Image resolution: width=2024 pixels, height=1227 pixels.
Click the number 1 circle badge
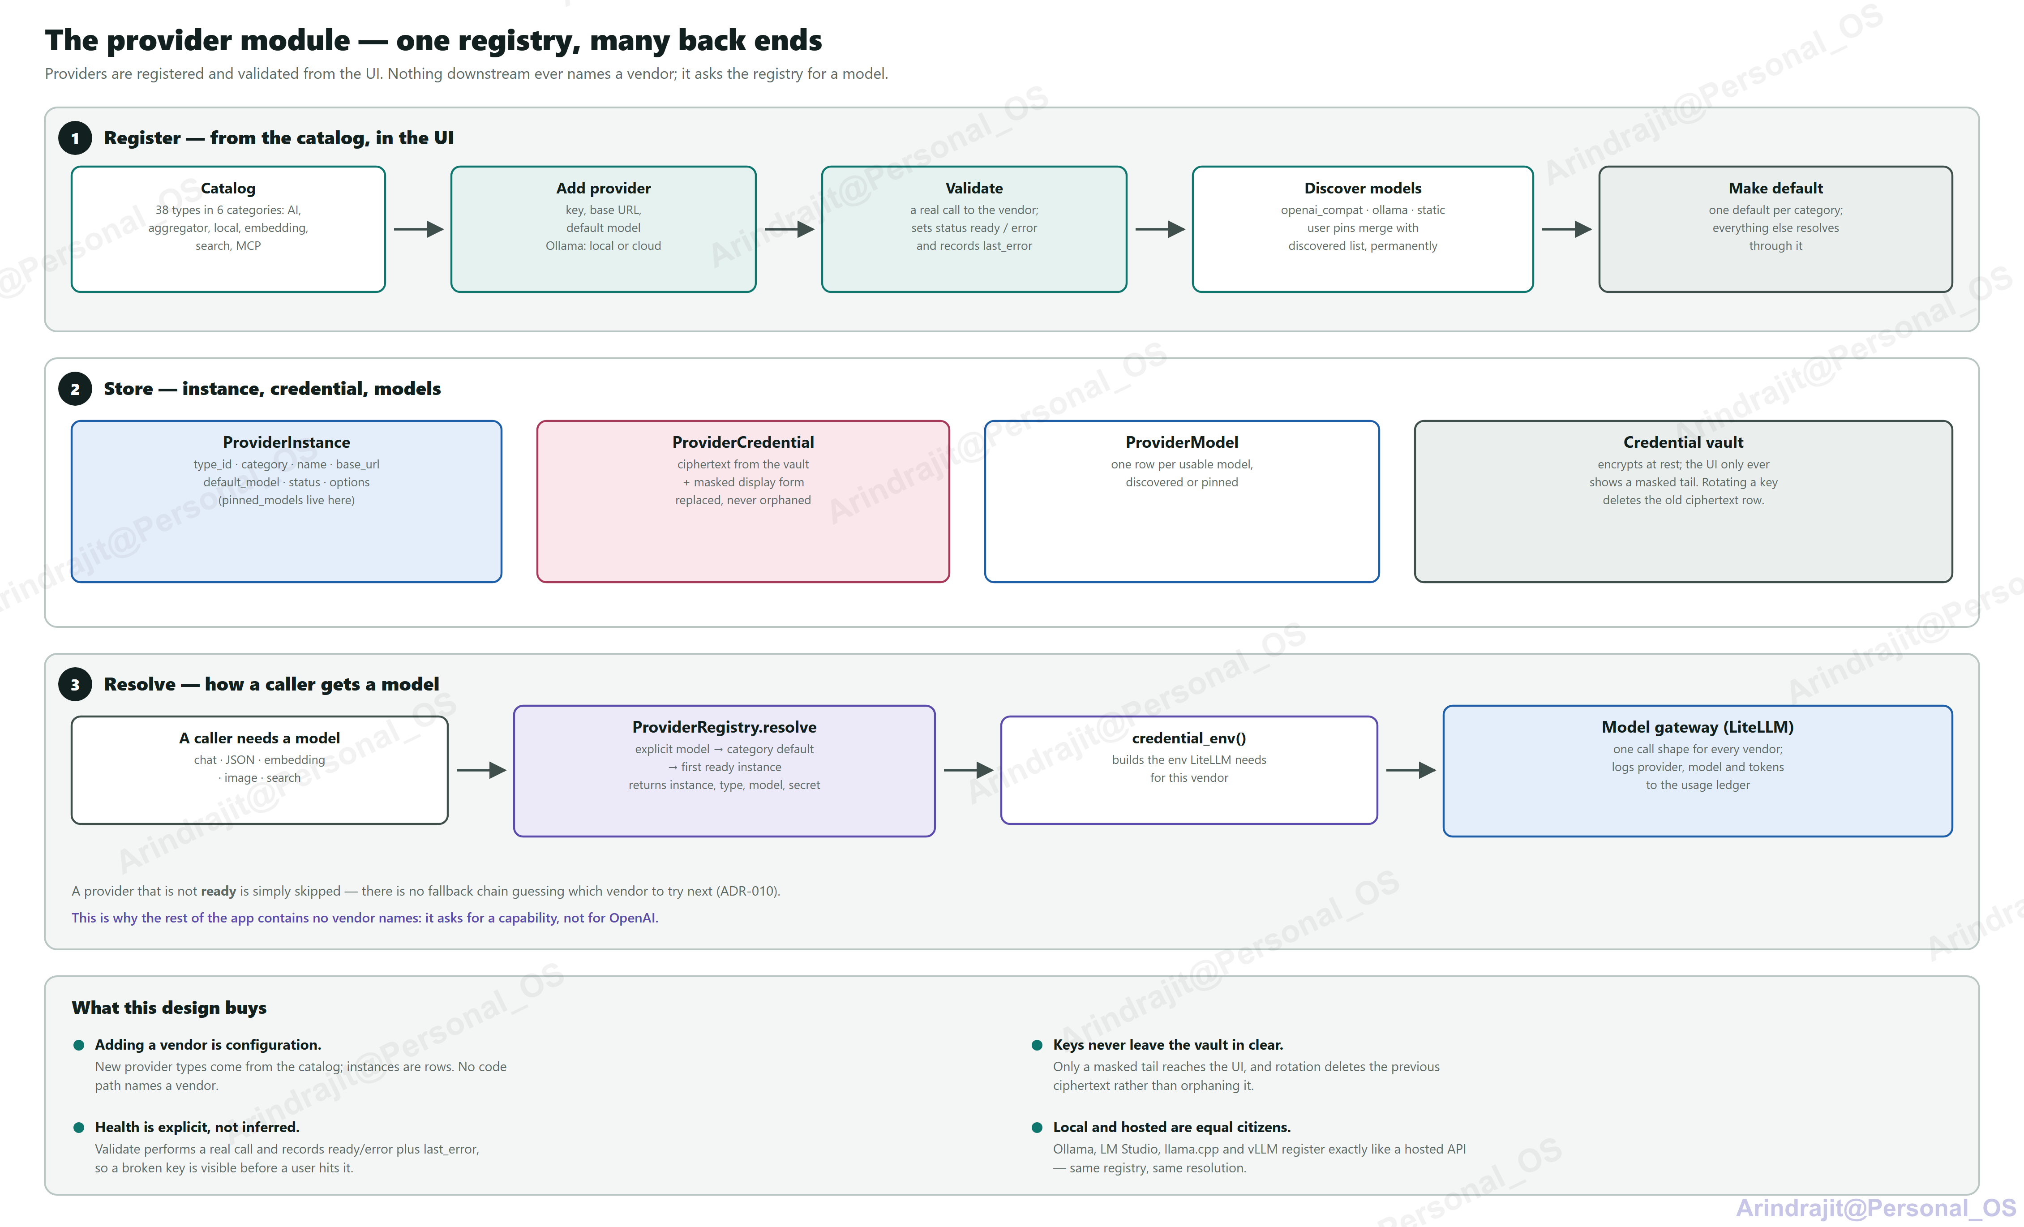pyautogui.click(x=75, y=138)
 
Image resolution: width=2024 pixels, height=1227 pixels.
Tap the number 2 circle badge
pyautogui.click(x=75, y=389)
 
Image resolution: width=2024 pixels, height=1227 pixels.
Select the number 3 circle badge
pyautogui.click(x=75, y=685)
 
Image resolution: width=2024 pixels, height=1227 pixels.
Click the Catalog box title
pyautogui.click(x=228, y=188)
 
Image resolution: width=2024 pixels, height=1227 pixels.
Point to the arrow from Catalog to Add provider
pyautogui.click(x=419, y=229)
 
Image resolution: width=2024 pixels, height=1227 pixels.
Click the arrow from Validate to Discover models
pyautogui.click(x=1160, y=229)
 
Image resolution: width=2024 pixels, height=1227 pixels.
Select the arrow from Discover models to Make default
pyautogui.click(x=1566, y=229)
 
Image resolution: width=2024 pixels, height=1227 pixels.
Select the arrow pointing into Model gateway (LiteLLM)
pyautogui.click(x=1411, y=770)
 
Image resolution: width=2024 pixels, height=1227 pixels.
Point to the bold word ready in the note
pyautogui.click(x=219, y=891)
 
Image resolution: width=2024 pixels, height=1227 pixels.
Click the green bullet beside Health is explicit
pyautogui.click(x=79, y=1128)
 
